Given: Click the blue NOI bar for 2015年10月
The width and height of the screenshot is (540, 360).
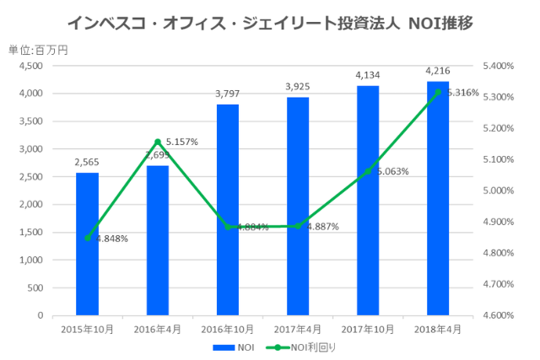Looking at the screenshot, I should (x=87, y=244).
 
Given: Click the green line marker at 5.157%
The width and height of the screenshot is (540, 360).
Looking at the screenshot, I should (x=157, y=142).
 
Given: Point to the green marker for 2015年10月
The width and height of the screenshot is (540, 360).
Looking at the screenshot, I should (x=87, y=238).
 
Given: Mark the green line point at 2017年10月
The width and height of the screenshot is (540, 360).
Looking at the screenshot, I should (x=367, y=171).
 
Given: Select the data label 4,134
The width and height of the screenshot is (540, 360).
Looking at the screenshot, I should (x=367, y=76).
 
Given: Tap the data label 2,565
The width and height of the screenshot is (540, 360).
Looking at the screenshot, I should (x=87, y=163).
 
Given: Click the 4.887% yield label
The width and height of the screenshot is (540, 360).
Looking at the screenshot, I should (x=322, y=227).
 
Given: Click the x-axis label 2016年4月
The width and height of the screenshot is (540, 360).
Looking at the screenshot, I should (x=157, y=329).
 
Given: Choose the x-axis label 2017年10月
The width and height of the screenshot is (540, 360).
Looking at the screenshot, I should (x=367, y=329).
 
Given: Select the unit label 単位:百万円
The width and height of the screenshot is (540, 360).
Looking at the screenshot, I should (x=38, y=50).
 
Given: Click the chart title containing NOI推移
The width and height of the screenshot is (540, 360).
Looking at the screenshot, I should (x=269, y=23).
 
